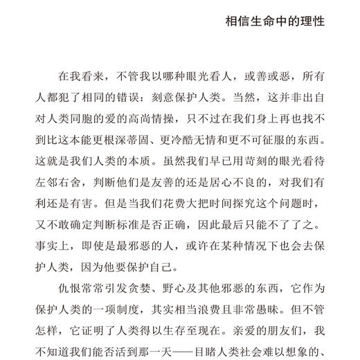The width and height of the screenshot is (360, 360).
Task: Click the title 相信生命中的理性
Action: coord(275,21)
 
